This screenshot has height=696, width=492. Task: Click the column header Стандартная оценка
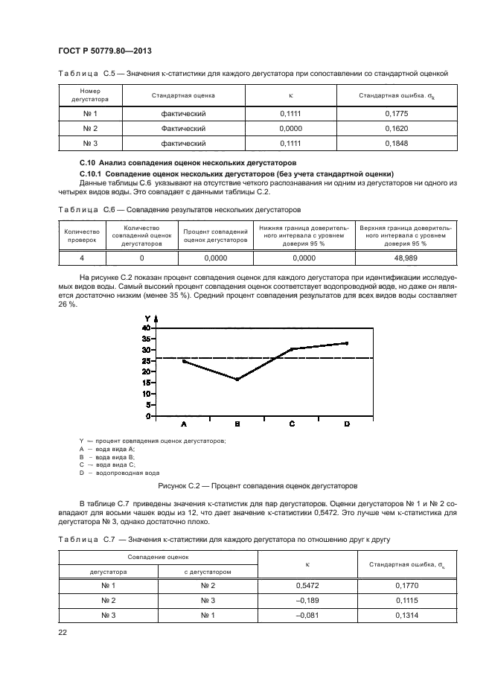point(183,95)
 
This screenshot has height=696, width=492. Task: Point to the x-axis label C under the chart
point(292,424)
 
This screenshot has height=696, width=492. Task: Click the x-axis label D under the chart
point(346,424)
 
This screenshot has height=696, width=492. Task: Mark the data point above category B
point(237,380)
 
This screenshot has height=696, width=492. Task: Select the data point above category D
point(346,343)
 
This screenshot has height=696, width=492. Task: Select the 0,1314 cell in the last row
point(406,616)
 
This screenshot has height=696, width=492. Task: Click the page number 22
point(63,631)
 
